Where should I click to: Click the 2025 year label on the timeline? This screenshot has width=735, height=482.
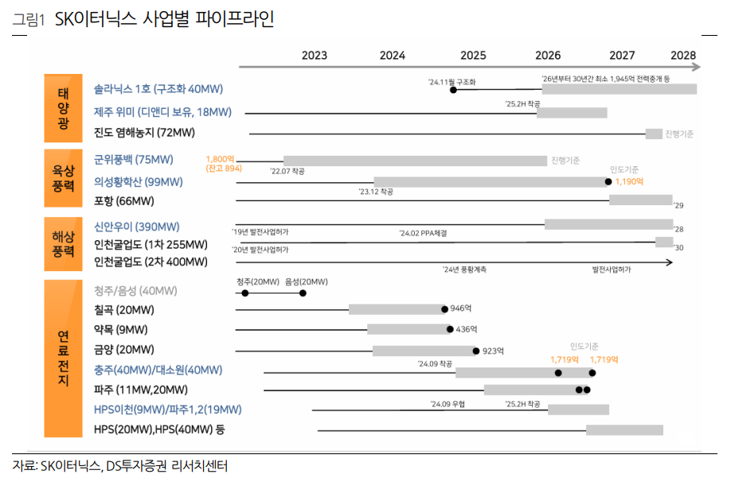click(x=473, y=56)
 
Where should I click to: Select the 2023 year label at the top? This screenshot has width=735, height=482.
click(x=315, y=56)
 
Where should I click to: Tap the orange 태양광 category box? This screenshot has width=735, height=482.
click(x=64, y=109)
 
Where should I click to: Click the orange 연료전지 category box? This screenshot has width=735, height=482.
click(x=64, y=359)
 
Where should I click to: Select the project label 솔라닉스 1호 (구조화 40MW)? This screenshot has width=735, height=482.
click(x=158, y=89)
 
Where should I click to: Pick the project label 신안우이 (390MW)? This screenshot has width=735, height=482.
click(x=136, y=227)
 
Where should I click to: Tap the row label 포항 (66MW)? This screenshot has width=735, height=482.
click(x=123, y=200)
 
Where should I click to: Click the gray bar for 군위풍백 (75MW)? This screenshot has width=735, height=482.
click(x=414, y=161)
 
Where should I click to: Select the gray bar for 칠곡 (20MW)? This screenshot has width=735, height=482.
click(x=396, y=309)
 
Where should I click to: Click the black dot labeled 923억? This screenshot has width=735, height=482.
click(x=475, y=351)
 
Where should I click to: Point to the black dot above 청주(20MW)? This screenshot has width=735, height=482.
click(x=245, y=293)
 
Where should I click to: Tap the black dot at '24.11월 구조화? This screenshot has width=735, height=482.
click(x=453, y=91)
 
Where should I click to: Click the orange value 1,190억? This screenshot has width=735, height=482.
click(x=628, y=182)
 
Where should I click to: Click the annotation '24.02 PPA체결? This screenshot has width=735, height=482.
click(x=423, y=233)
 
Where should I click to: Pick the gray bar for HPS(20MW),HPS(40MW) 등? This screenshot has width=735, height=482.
click(x=624, y=430)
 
